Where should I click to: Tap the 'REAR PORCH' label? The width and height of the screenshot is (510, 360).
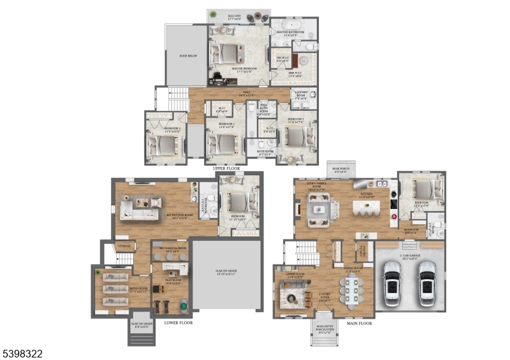point(339,169)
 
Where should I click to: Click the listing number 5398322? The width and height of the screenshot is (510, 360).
point(22,352)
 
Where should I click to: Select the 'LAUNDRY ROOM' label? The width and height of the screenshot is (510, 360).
point(301,96)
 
